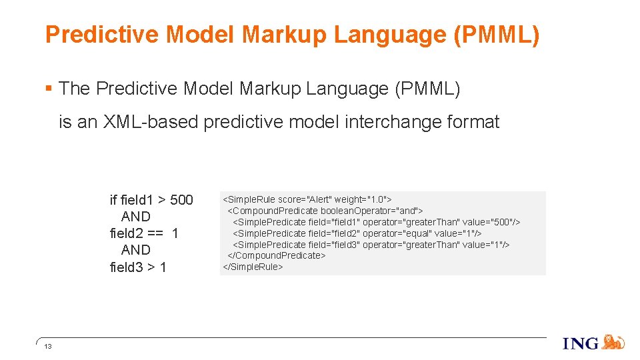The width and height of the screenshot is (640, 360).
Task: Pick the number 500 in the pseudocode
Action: [x=181, y=200]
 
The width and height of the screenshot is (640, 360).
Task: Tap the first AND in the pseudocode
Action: [x=136, y=217]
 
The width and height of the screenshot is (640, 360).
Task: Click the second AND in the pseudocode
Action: [x=136, y=250]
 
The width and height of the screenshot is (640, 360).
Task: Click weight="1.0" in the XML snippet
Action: [x=362, y=199]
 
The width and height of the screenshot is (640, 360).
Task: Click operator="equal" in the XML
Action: [x=397, y=233]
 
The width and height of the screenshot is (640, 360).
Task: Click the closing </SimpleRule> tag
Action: [x=253, y=267]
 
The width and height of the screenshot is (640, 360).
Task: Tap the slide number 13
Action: [x=48, y=347]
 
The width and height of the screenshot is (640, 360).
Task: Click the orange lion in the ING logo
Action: [x=613, y=342]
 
